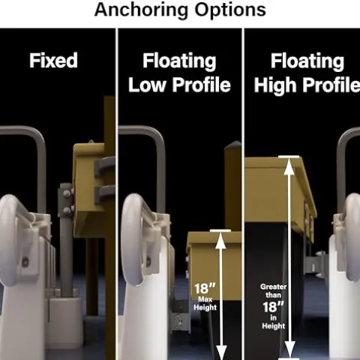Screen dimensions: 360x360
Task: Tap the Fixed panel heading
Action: click(53, 61)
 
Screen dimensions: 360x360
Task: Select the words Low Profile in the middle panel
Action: click(179, 85)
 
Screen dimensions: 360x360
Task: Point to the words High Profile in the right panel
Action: click(307, 85)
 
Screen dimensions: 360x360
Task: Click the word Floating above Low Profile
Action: click(179, 61)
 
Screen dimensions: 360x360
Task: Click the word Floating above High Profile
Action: click(307, 61)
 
